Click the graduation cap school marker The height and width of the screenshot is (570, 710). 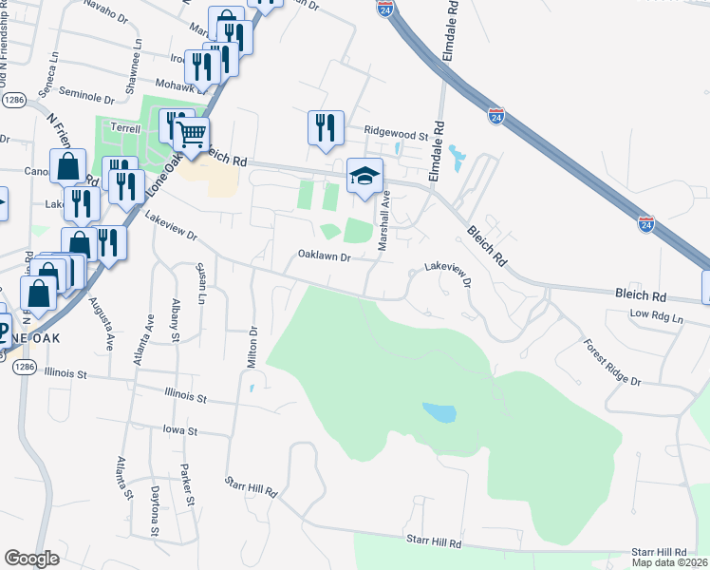click(x=364, y=177)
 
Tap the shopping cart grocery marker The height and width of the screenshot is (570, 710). click(x=191, y=136)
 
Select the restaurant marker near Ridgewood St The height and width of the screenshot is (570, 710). click(x=325, y=127)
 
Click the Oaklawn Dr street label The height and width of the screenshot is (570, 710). click(x=325, y=256)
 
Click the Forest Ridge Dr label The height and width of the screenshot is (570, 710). click(x=612, y=362)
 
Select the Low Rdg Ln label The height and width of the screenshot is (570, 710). click(x=656, y=315)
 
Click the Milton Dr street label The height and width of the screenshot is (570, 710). click(x=253, y=349)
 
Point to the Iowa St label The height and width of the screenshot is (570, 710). click(x=178, y=430)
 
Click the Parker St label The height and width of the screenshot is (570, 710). click(x=188, y=485)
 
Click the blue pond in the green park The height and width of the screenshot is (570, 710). click(x=439, y=413)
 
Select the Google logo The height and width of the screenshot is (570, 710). click(x=32, y=559)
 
